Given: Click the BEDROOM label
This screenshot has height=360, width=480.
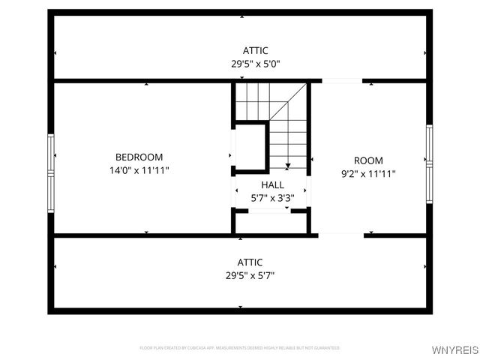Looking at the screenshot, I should (139, 157).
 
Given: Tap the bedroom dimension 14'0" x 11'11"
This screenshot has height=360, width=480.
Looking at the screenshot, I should (139, 170).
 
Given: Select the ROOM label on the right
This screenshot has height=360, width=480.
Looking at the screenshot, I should (368, 160).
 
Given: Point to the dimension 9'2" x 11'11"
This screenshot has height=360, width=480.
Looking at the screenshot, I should (368, 173).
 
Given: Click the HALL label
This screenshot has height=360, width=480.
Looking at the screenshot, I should (272, 184).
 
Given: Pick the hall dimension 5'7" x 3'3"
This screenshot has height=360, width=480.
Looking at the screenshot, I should (272, 197).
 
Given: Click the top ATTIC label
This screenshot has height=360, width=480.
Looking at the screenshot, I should (255, 51).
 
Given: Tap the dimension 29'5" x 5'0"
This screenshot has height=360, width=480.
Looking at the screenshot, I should (255, 64).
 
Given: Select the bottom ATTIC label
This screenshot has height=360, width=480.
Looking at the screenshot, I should (250, 262).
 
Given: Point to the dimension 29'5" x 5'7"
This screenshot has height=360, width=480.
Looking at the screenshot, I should (250, 275).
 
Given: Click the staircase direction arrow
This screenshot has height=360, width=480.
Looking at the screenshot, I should (287, 165).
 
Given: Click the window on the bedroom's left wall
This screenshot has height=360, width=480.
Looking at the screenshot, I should (51, 174).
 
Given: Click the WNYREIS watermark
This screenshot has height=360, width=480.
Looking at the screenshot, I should (454, 350).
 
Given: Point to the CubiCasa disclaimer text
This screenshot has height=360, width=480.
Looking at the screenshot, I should (240, 348).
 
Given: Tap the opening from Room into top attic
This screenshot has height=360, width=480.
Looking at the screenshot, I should (342, 81).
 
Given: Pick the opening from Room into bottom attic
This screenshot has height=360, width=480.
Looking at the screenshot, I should (342, 235).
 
